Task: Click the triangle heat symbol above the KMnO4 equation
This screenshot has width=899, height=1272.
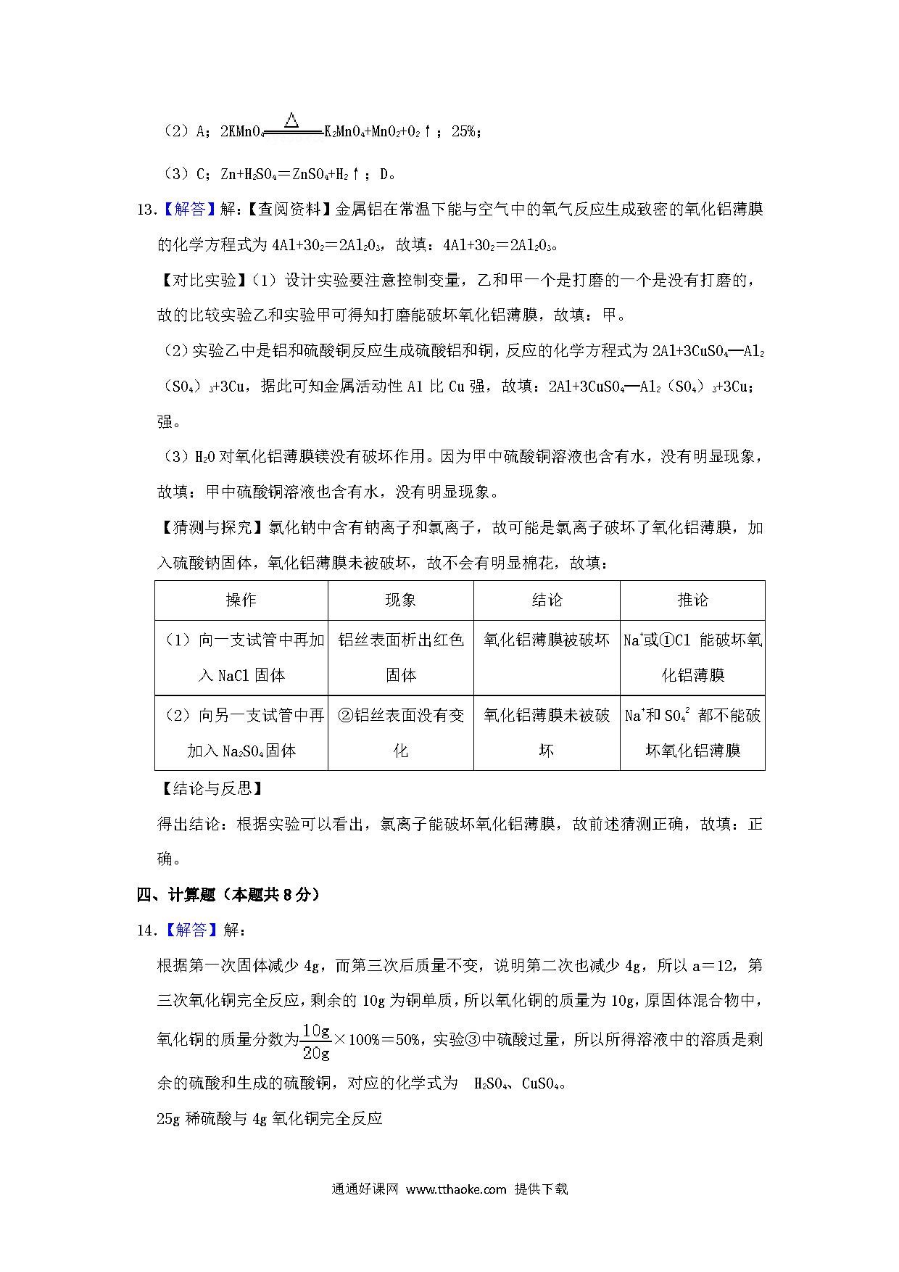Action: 291,120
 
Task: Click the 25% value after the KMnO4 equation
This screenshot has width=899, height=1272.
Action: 463,131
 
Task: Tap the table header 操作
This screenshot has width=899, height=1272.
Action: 241,600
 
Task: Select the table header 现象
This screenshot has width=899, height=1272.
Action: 400,600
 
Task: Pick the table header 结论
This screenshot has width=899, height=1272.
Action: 547,600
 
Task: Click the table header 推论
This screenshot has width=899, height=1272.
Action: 692,600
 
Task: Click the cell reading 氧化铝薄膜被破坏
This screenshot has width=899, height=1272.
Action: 547,640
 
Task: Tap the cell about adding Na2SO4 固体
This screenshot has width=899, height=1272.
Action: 241,732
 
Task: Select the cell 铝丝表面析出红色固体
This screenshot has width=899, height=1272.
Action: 400,657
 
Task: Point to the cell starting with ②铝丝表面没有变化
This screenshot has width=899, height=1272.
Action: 400,732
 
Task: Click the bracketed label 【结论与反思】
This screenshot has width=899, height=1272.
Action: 210,788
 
